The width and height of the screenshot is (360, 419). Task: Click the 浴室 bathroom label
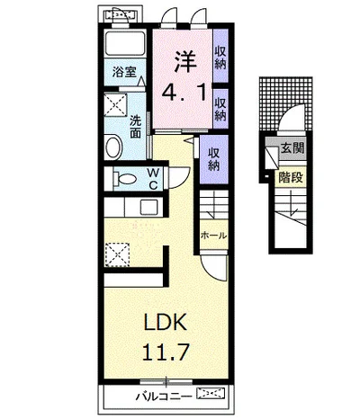[x=124, y=72]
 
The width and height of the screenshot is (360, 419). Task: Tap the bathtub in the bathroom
[x=125, y=42]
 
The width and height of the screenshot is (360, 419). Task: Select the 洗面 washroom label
[x=136, y=127]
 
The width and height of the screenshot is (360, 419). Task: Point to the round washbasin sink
[x=114, y=147]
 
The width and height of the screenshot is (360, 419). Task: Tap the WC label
[x=153, y=179]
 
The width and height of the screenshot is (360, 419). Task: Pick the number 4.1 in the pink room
[x=184, y=93]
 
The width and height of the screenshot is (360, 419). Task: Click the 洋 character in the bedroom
[x=185, y=62]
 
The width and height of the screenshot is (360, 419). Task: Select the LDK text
[x=166, y=322]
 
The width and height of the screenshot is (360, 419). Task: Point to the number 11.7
[x=166, y=352]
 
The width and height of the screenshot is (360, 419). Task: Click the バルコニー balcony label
[x=164, y=397]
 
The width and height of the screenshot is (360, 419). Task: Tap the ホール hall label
[x=213, y=236]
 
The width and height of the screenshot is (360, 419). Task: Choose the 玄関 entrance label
[x=292, y=148]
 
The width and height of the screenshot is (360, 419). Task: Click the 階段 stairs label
[x=291, y=177]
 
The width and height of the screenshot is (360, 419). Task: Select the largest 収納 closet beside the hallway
[x=214, y=159]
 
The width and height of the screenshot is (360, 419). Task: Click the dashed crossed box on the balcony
[x=211, y=393]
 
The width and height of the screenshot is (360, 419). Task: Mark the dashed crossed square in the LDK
[x=117, y=254]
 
